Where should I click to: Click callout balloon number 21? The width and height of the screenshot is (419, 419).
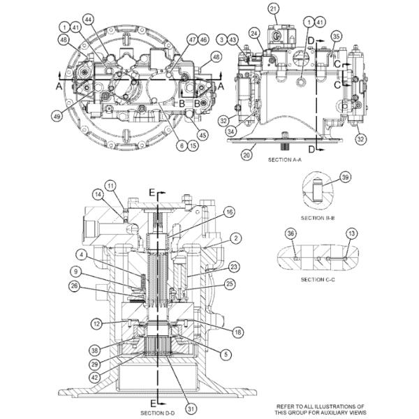[273, 8]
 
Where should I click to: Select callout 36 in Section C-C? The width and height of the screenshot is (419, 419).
[292, 233]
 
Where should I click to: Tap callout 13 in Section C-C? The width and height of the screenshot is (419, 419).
[352, 233]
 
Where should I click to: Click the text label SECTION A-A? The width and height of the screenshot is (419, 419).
[284, 160]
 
